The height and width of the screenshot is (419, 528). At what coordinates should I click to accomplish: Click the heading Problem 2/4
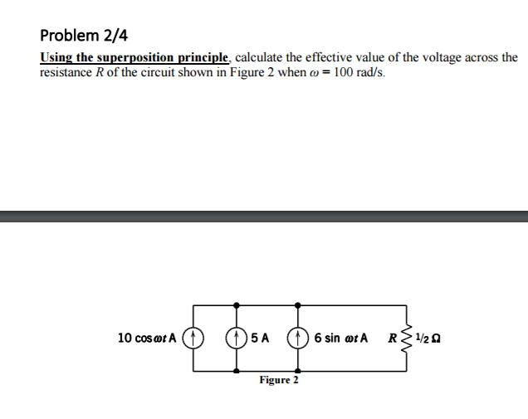pos(84,36)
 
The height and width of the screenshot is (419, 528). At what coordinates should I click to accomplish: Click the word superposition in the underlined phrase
pos(140,58)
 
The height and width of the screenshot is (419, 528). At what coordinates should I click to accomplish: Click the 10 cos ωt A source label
pos(147,339)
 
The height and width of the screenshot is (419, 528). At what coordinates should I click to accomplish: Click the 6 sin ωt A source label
pos(340,339)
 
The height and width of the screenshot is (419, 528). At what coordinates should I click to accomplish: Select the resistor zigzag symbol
pos(406,339)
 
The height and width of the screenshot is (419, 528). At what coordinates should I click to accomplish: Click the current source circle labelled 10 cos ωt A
pos(193,339)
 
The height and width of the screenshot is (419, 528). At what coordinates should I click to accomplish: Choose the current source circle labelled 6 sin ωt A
pos(298,339)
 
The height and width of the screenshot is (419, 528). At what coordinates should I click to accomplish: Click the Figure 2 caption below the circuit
pos(278,380)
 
